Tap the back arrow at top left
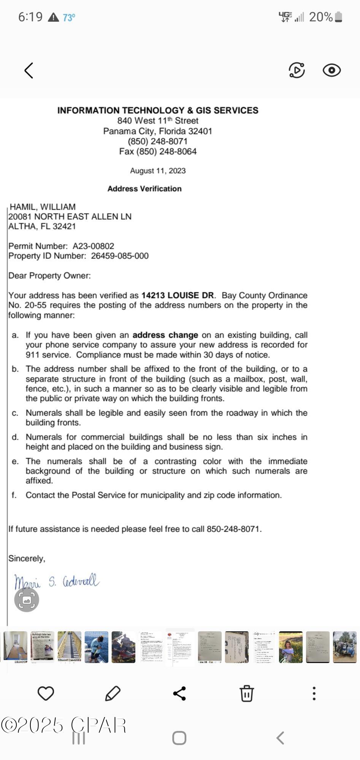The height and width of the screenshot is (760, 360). (x=29, y=71)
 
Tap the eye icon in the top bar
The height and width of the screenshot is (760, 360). (x=331, y=71)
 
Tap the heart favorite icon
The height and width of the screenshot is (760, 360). (x=46, y=693)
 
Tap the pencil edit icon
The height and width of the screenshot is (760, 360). (x=113, y=693)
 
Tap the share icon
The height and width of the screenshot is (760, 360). (x=179, y=693)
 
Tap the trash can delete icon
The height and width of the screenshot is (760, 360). (x=246, y=693)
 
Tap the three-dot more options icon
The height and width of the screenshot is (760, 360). (x=314, y=693)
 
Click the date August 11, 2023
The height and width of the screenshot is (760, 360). (x=158, y=171)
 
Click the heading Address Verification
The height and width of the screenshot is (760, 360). (x=144, y=189)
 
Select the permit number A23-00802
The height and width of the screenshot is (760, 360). (x=94, y=246)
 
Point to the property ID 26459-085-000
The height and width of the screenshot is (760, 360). (x=120, y=256)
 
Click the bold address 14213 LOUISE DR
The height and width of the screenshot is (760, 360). (x=178, y=296)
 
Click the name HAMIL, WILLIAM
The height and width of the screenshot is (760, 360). (x=43, y=207)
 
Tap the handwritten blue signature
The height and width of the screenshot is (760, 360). (x=57, y=582)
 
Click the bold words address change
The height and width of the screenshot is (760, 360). (x=165, y=335)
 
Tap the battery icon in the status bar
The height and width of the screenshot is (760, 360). (x=339, y=17)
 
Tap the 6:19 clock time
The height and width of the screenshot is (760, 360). (x=30, y=17)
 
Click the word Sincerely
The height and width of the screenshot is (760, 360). (x=27, y=559)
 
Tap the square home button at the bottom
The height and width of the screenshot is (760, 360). (x=179, y=738)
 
